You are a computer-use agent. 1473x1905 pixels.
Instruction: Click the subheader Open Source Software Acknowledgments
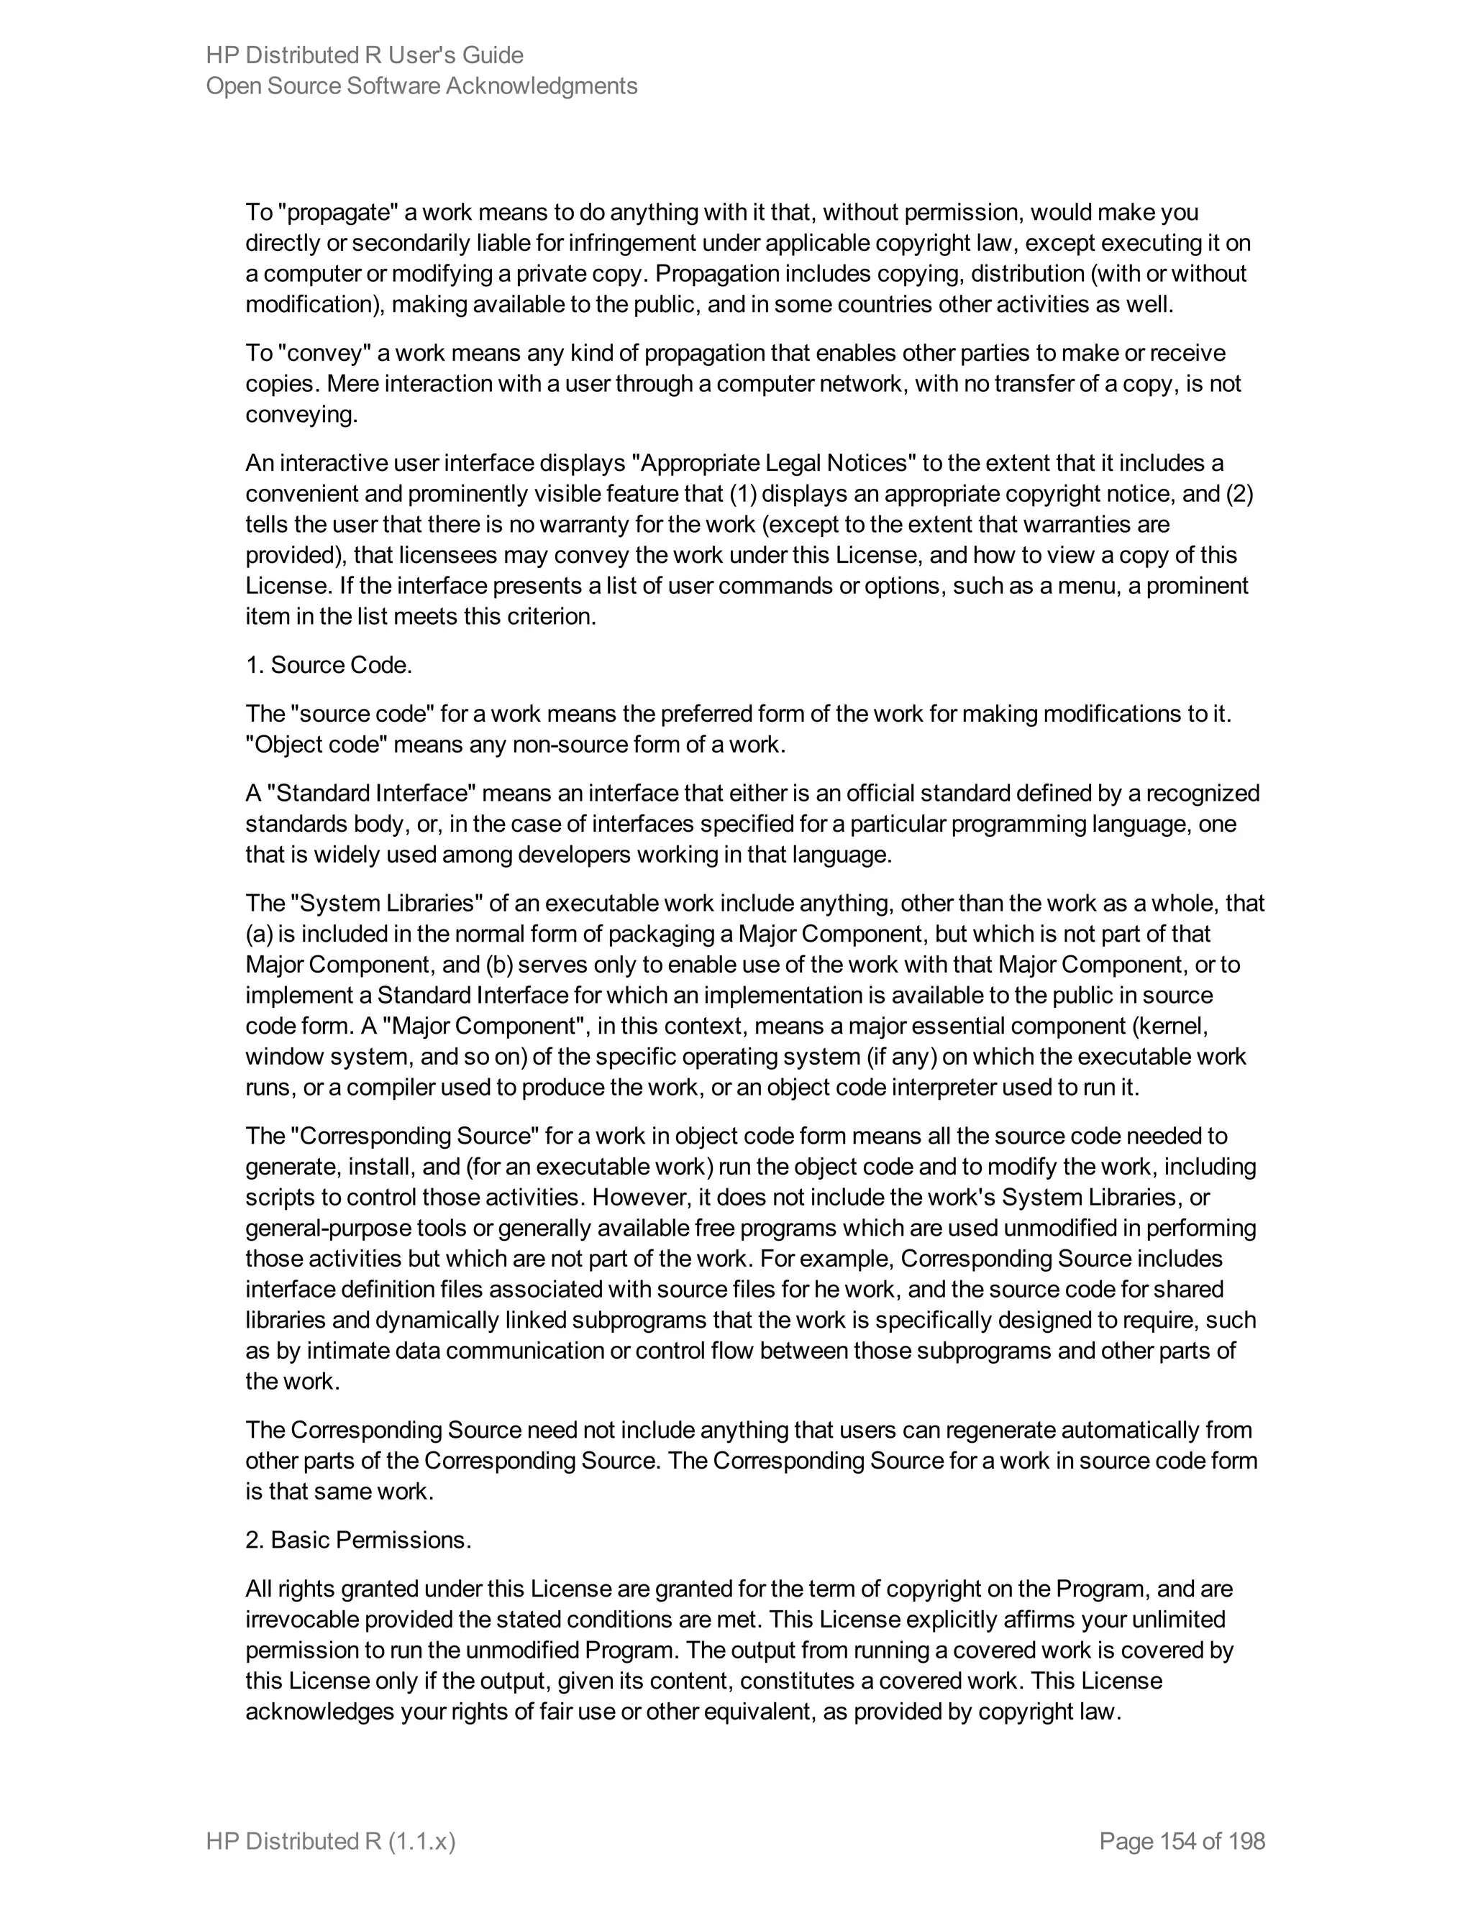[421, 86]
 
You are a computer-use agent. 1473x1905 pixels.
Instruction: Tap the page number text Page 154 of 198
[1182, 1841]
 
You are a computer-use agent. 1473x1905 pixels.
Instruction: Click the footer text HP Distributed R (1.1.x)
[331, 1841]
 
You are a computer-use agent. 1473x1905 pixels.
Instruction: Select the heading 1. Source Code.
[328, 666]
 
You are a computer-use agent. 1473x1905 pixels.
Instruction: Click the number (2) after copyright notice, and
[1239, 494]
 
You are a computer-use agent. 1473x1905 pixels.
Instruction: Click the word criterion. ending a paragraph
[552, 617]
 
